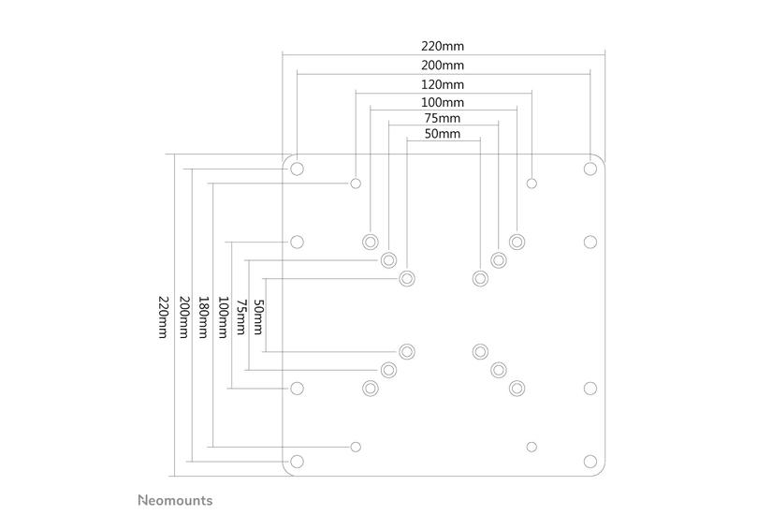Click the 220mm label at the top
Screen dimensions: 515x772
coord(443,46)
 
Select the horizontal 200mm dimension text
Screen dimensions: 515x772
coord(443,66)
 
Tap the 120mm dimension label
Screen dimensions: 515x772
coord(443,84)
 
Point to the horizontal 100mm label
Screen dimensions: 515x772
coord(443,102)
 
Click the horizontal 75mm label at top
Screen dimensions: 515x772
coord(443,118)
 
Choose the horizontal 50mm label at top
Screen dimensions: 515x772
coord(443,134)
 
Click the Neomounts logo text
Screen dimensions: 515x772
coord(175,500)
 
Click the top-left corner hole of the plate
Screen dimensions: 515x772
coord(298,169)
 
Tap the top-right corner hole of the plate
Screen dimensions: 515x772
coord(590,169)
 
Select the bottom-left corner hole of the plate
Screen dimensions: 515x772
coord(298,461)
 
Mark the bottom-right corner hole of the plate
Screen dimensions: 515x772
coord(590,461)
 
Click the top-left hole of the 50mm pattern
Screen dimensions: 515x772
coord(407,278)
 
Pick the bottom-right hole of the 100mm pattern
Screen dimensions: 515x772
coord(517,388)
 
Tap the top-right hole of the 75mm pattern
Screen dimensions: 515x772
coord(499,259)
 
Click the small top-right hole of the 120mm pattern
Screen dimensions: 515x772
coord(532,183)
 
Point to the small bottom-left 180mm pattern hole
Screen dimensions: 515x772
coord(356,446)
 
